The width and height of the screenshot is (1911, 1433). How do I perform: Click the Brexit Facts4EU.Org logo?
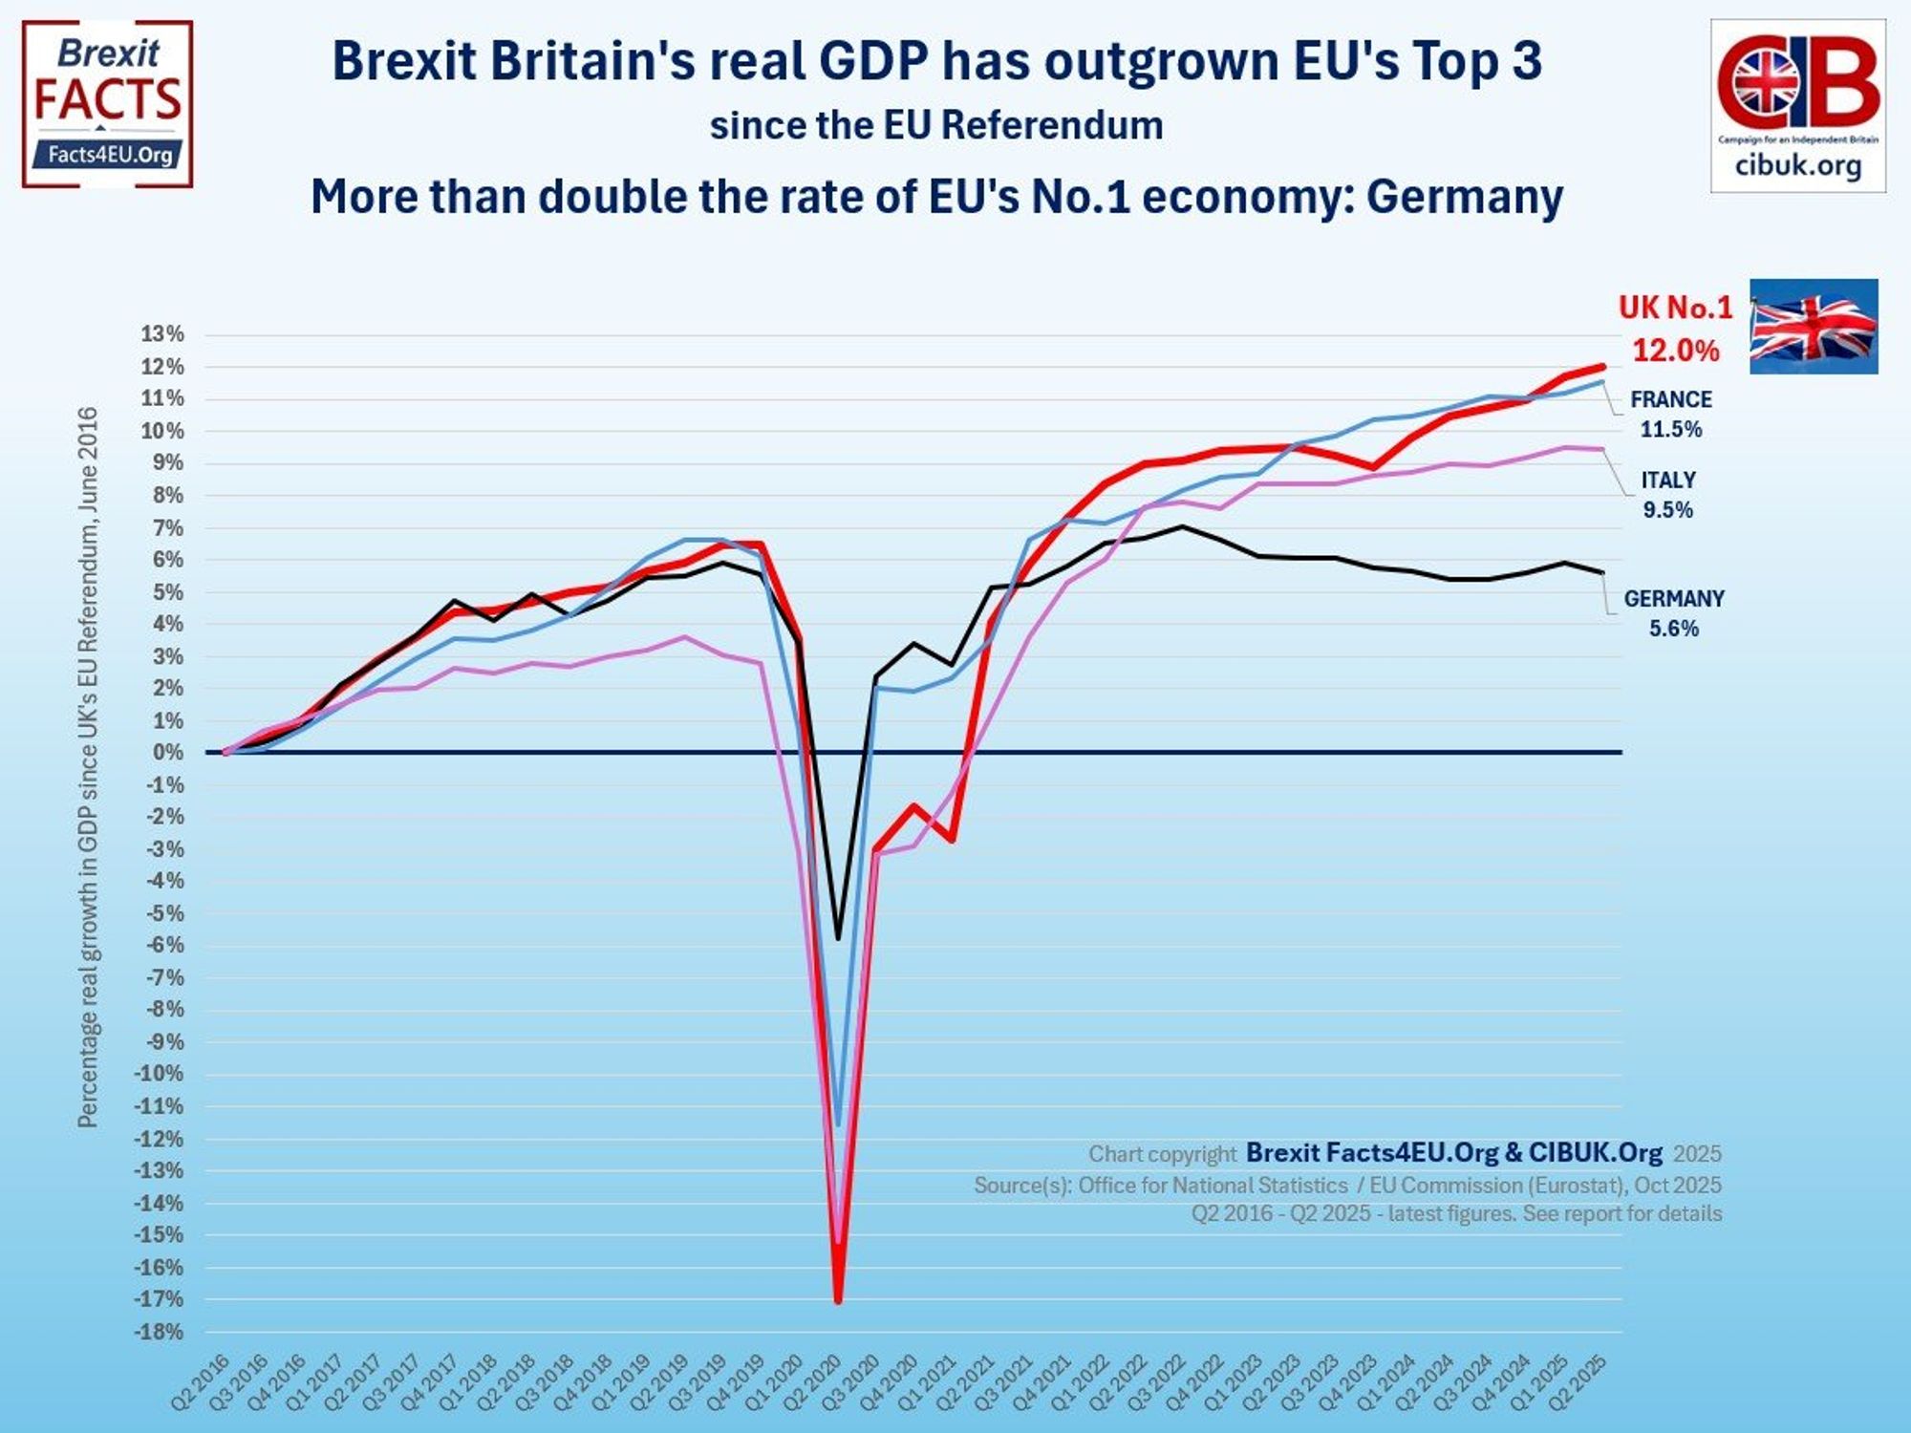107,103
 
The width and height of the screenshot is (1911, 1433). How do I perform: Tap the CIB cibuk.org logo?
1797,105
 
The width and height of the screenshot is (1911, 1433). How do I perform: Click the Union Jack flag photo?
1813,326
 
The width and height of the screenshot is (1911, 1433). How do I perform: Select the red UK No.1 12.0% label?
1675,329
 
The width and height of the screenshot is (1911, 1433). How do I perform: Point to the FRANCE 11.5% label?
1670,414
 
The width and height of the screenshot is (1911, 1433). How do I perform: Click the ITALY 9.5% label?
1668,495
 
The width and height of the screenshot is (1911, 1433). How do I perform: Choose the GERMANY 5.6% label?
1673,612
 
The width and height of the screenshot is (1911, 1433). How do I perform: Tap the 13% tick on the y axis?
162,334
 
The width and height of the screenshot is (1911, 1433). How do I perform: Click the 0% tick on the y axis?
167,752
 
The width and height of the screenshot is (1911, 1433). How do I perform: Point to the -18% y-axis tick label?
160,1332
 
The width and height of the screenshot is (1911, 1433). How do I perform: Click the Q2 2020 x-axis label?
813,1381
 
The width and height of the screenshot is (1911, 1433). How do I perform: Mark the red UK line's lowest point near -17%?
838,1300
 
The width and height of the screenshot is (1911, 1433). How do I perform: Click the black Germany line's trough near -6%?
838,938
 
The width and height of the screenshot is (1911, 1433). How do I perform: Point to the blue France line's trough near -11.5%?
838,1123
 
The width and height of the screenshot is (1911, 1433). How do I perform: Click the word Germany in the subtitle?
1464,197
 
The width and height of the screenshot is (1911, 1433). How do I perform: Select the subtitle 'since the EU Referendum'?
935,126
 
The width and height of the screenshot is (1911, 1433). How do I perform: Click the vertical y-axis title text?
87,766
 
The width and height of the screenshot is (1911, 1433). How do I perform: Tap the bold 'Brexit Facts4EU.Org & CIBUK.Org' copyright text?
1453,1153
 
